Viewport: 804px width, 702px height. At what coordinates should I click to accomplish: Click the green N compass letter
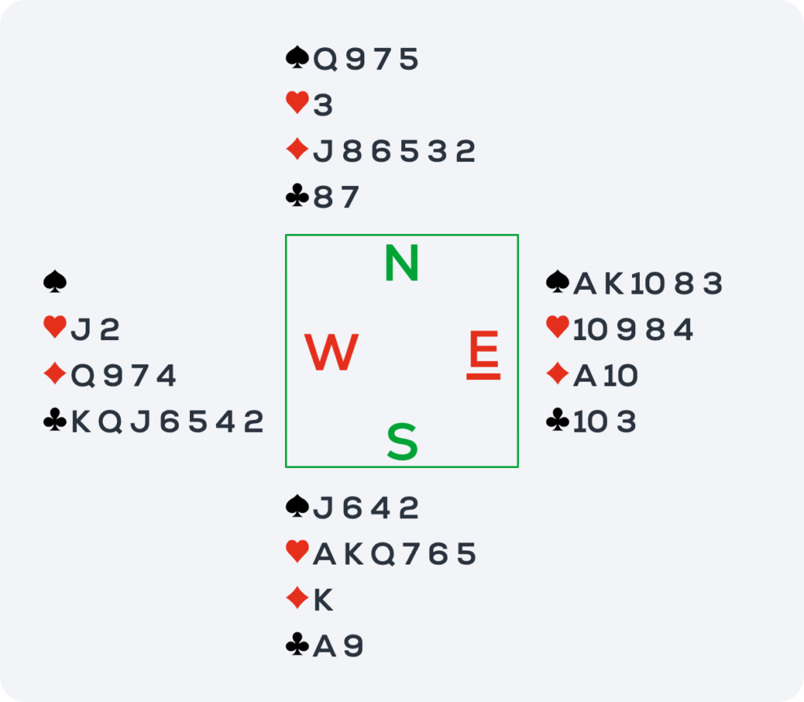point(402,263)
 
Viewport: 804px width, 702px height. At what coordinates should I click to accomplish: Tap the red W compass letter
point(331,352)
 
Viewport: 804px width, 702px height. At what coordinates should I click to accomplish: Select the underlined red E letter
point(484,354)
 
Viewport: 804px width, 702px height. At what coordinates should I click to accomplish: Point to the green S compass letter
point(402,441)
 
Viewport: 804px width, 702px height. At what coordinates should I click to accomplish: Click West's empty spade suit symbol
point(55,282)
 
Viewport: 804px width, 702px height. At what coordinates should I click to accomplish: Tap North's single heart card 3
point(323,105)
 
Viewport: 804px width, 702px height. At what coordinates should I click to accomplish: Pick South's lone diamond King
point(323,599)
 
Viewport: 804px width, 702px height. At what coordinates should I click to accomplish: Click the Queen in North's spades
point(325,60)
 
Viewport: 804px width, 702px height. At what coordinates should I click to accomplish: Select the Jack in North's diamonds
point(323,152)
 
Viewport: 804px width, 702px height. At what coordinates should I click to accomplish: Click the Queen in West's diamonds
point(82,376)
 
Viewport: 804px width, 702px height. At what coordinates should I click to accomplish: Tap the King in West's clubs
point(81,422)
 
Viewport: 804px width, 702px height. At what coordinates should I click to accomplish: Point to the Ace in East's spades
point(584,283)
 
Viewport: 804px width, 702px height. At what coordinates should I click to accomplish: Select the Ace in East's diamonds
point(584,375)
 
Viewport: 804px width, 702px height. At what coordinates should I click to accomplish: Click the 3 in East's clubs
point(626,422)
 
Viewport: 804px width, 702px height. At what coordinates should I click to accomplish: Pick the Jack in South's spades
point(323,508)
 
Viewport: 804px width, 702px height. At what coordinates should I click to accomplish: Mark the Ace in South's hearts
point(324,554)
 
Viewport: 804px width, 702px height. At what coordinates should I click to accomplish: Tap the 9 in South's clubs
point(353,645)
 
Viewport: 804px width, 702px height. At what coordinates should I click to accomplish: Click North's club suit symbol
point(298,196)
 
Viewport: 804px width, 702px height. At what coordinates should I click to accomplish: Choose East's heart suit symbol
point(558,327)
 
